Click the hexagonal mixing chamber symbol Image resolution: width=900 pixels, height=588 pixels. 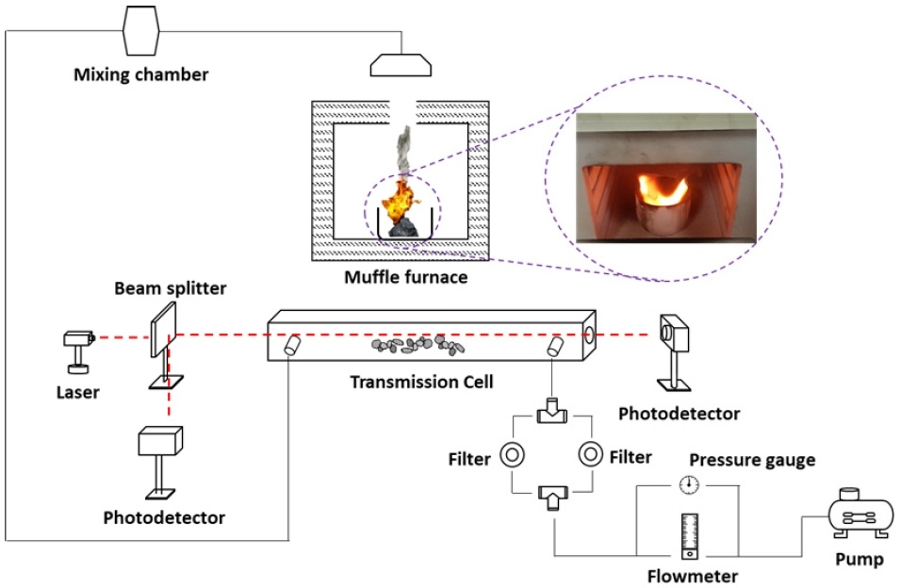[x=140, y=31]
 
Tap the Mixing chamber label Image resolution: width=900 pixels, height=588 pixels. [x=141, y=74]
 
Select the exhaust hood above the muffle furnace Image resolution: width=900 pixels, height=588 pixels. [x=401, y=65]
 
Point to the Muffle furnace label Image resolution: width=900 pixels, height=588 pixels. [x=406, y=277]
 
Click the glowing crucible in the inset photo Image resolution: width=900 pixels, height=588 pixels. [x=665, y=207]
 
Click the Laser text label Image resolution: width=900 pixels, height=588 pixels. [x=78, y=392]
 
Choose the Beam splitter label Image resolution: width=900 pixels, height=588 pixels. [x=171, y=288]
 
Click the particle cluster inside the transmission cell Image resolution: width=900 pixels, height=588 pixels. [x=417, y=344]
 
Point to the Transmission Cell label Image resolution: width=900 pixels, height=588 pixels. [x=422, y=382]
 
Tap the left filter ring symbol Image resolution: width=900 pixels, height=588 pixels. [x=512, y=455]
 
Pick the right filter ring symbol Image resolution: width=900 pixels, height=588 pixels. [x=590, y=454]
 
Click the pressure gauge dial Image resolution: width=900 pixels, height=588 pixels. [x=689, y=484]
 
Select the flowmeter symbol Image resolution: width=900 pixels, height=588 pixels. [x=689, y=536]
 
